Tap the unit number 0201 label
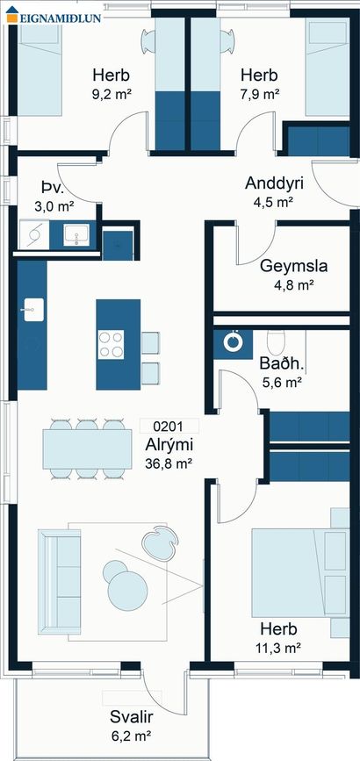tap(168, 427)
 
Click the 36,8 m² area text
tap(169, 464)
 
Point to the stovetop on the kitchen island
tap(111, 344)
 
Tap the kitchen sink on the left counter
tap(33, 310)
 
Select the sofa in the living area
tap(60, 581)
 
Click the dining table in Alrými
tap(87, 449)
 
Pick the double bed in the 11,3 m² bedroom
tap(300, 572)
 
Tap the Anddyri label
tap(275, 183)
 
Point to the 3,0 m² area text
tap(54, 207)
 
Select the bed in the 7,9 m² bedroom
tap(328, 67)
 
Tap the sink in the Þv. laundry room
tap(76, 234)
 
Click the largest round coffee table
tap(127, 591)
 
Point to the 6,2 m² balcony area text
tap(130, 736)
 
